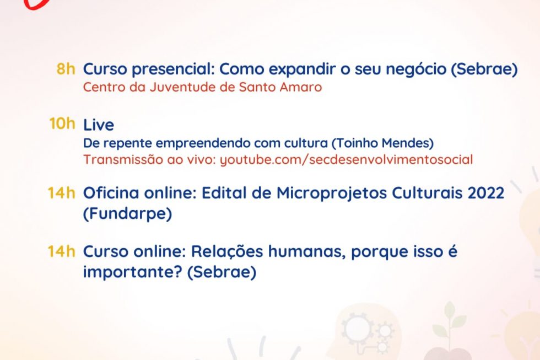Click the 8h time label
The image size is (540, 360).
tap(66, 69)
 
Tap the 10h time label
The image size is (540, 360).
tap(62, 123)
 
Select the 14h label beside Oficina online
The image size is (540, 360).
tap(61, 193)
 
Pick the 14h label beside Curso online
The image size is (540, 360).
tap(61, 251)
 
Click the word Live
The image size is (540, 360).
tap(99, 125)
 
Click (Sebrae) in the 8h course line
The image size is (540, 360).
tap(484, 69)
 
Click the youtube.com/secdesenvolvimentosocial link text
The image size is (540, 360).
tap(346, 160)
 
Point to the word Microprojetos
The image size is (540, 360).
tap(331, 194)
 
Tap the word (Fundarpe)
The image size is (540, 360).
tap(127, 214)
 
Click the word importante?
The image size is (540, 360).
tap(133, 272)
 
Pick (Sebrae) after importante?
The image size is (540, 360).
tap(222, 272)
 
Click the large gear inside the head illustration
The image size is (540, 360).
tap(358, 330)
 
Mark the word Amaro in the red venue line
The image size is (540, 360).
tap(301, 87)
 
